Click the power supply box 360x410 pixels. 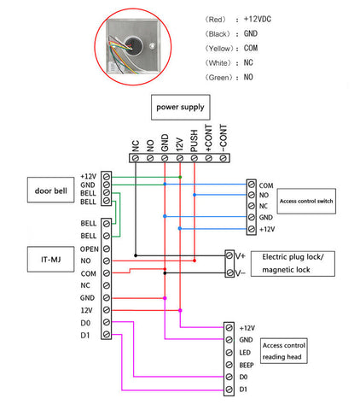coord(181,108)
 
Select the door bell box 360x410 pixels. coord(50,190)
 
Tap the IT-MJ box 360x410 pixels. coord(50,260)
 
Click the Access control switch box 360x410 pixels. coord(306,201)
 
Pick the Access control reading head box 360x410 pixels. coord(284,351)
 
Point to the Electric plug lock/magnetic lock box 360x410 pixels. coord(293,264)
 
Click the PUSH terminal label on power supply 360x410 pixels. coord(194,141)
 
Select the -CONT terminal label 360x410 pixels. coord(224,138)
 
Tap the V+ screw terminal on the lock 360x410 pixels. coord(229,255)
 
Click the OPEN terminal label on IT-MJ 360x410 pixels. coord(89,249)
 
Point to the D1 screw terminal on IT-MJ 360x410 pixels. coord(107,334)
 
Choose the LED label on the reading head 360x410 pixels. coord(245,353)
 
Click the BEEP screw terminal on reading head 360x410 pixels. coord(229,365)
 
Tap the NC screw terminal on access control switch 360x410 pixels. coord(251,206)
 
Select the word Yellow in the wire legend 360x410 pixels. coord(219,49)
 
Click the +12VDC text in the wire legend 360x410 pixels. coord(258,19)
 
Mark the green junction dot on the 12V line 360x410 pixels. coord(180,177)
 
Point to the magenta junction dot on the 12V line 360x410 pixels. coord(180,310)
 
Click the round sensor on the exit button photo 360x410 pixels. coord(134,44)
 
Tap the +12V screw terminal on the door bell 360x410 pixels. coord(107,176)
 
